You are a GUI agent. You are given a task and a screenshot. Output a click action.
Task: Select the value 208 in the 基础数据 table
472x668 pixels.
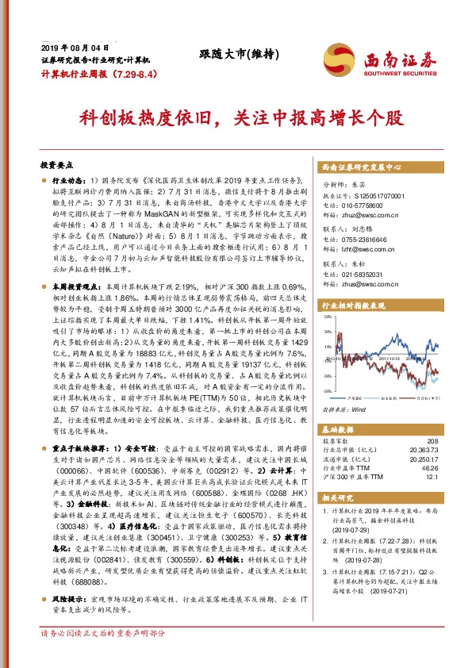click(x=432, y=440)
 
